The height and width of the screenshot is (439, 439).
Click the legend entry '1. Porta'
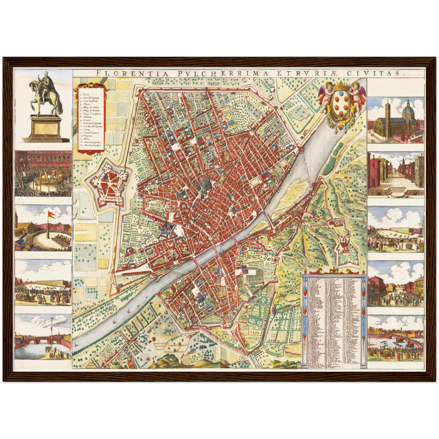tap(84, 95)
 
